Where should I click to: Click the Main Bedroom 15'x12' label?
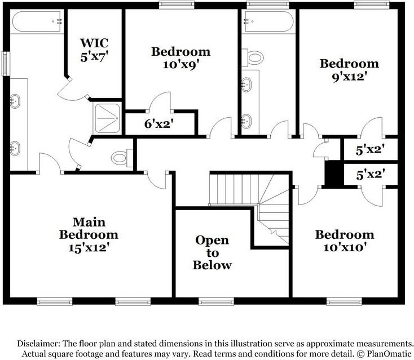pos(89,234)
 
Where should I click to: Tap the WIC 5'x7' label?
pos(94,49)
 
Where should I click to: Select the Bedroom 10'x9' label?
pos(180,57)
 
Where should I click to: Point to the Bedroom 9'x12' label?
pos(349,70)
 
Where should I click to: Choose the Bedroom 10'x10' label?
pos(344,241)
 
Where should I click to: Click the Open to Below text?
pos(212,252)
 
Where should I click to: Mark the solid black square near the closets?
pos(333,173)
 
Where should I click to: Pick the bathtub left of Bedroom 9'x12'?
pos(268,23)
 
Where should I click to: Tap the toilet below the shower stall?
pos(121,157)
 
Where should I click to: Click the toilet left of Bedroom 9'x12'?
pos(254,57)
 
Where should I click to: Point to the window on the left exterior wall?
pos(6,63)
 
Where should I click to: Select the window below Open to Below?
pos(215,301)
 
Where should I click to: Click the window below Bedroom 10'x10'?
pos(344,301)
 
